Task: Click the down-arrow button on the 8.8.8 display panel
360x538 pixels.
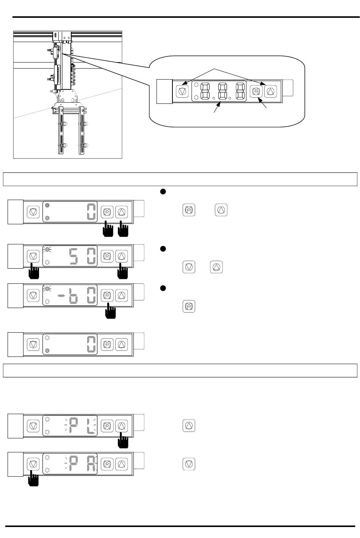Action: point(183,92)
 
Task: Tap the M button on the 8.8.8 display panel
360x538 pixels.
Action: point(256,92)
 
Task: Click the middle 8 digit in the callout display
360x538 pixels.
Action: point(222,91)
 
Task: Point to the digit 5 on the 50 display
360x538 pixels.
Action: point(72,257)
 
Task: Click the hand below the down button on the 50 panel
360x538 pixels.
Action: point(34,272)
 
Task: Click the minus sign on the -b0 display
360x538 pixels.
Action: point(60,296)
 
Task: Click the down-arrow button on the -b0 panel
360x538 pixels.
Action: point(33,295)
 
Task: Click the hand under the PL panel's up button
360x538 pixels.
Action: point(123,441)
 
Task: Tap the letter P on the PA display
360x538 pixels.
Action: point(74,463)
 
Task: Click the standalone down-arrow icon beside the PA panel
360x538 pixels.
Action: point(189,464)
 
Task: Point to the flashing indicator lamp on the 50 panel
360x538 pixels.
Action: point(48,249)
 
